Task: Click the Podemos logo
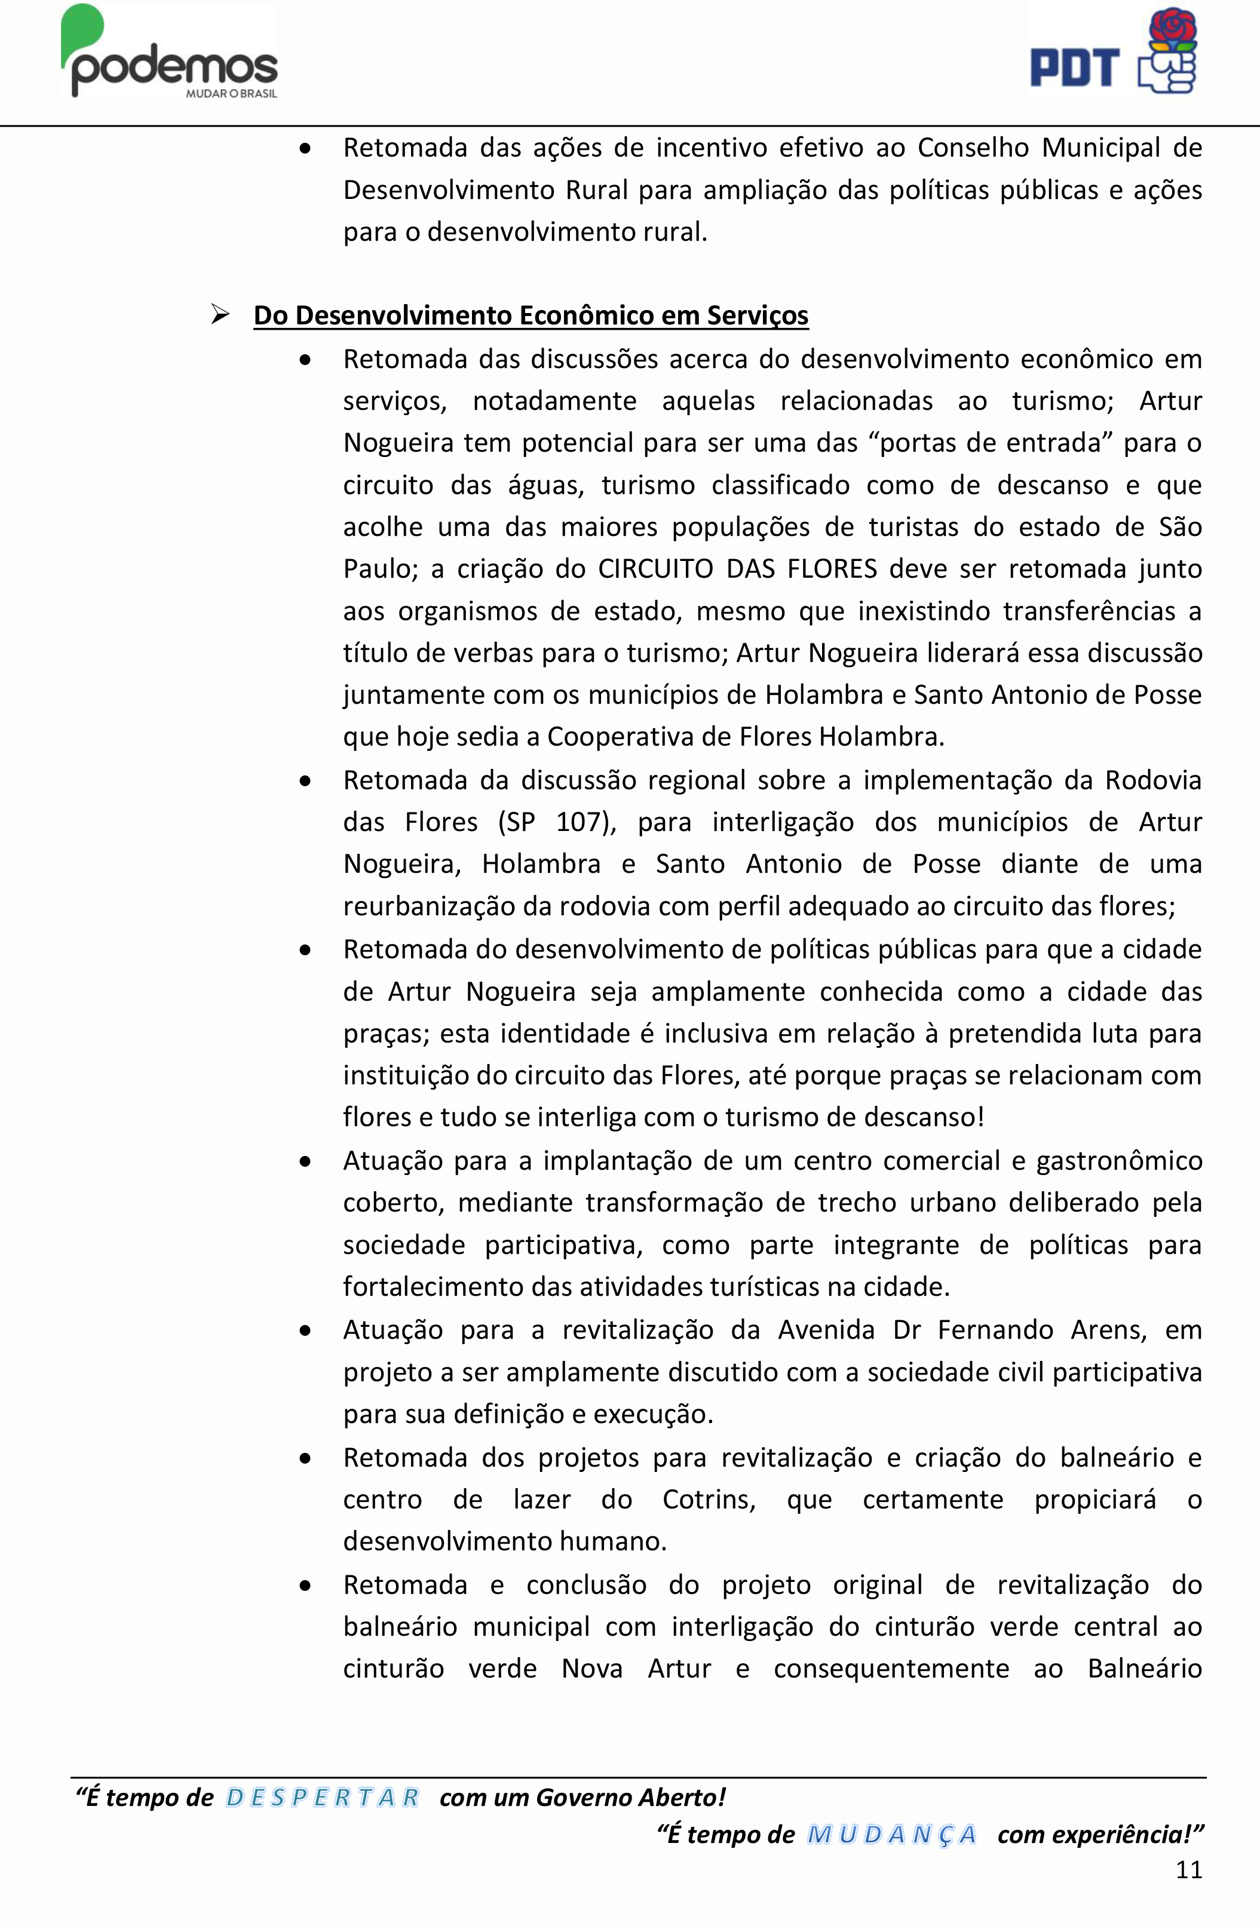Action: coord(170,53)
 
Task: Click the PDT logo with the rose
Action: coord(1114,52)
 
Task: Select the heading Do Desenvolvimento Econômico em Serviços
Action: coord(531,315)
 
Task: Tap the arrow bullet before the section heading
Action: coord(219,315)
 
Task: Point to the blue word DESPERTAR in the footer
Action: coord(322,1798)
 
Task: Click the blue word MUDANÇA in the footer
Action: coord(891,1835)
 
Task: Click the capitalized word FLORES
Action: coord(832,569)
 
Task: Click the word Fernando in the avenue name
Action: coord(995,1330)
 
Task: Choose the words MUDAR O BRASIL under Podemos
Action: coord(231,94)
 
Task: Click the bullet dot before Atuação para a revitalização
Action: coord(305,1330)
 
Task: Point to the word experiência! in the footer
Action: coord(1100,1835)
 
